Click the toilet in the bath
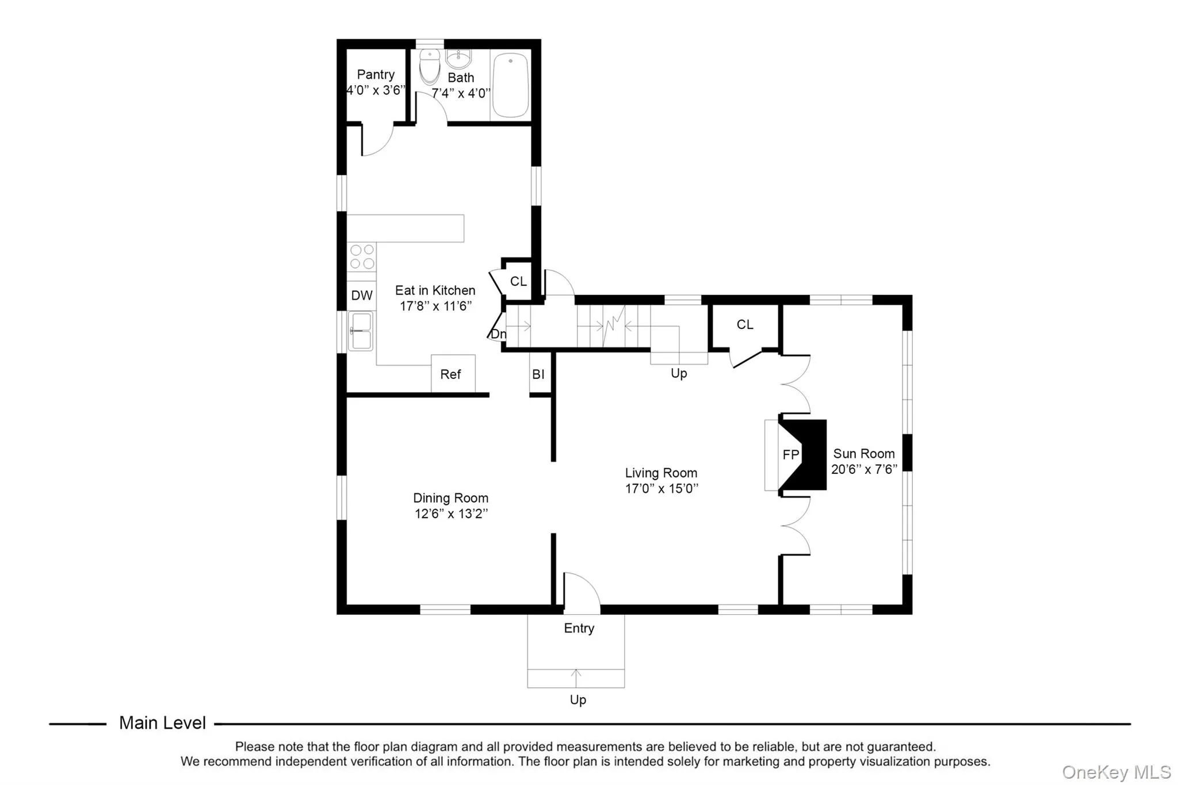pyautogui.click(x=430, y=67)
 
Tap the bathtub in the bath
pyautogui.click(x=510, y=85)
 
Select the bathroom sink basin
pyautogui.click(x=458, y=58)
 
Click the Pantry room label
pyautogui.click(x=376, y=75)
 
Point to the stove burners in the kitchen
pyautogui.click(x=362, y=256)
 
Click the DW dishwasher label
pyautogui.click(x=362, y=296)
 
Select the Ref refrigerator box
pyautogui.click(x=453, y=374)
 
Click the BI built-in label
pyautogui.click(x=538, y=374)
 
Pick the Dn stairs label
pyautogui.click(x=498, y=334)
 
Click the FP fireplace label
pyautogui.click(x=791, y=455)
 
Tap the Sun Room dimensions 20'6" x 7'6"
pyautogui.click(x=864, y=469)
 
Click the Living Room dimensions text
pyautogui.click(x=661, y=489)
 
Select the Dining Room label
pyautogui.click(x=450, y=498)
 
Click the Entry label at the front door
pyautogui.click(x=579, y=628)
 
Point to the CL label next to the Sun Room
pyautogui.click(x=745, y=324)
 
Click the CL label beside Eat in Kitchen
pyautogui.click(x=518, y=281)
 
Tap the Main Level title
pyautogui.click(x=162, y=723)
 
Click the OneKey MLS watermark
pyautogui.click(x=1116, y=772)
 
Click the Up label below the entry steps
pyautogui.click(x=577, y=700)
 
